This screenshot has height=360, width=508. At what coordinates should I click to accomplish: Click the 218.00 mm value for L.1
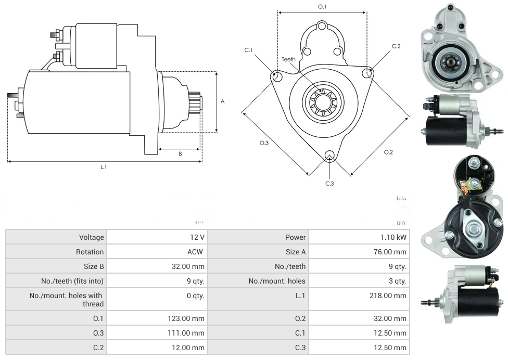click(392, 295)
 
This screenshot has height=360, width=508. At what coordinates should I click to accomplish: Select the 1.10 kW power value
click(394, 237)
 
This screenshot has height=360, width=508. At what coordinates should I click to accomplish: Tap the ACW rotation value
click(197, 252)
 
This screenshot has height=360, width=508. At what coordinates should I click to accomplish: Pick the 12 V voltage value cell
click(197, 237)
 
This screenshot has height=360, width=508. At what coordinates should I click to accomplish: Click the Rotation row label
click(90, 252)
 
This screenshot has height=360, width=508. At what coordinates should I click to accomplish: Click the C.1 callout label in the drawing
click(248, 50)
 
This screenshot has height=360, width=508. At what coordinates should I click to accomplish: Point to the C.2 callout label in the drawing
click(396, 46)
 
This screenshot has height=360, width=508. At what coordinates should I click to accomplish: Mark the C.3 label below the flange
click(329, 183)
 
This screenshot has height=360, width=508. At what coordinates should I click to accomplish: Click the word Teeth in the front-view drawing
click(288, 59)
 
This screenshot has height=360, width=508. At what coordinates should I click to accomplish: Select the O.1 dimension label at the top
click(322, 6)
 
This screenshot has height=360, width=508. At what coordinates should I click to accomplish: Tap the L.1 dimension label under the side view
click(104, 167)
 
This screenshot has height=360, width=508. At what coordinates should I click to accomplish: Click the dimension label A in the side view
click(222, 101)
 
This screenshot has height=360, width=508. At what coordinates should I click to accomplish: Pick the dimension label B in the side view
click(180, 153)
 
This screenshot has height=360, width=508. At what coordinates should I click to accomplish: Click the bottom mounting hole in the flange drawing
click(329, 156)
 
